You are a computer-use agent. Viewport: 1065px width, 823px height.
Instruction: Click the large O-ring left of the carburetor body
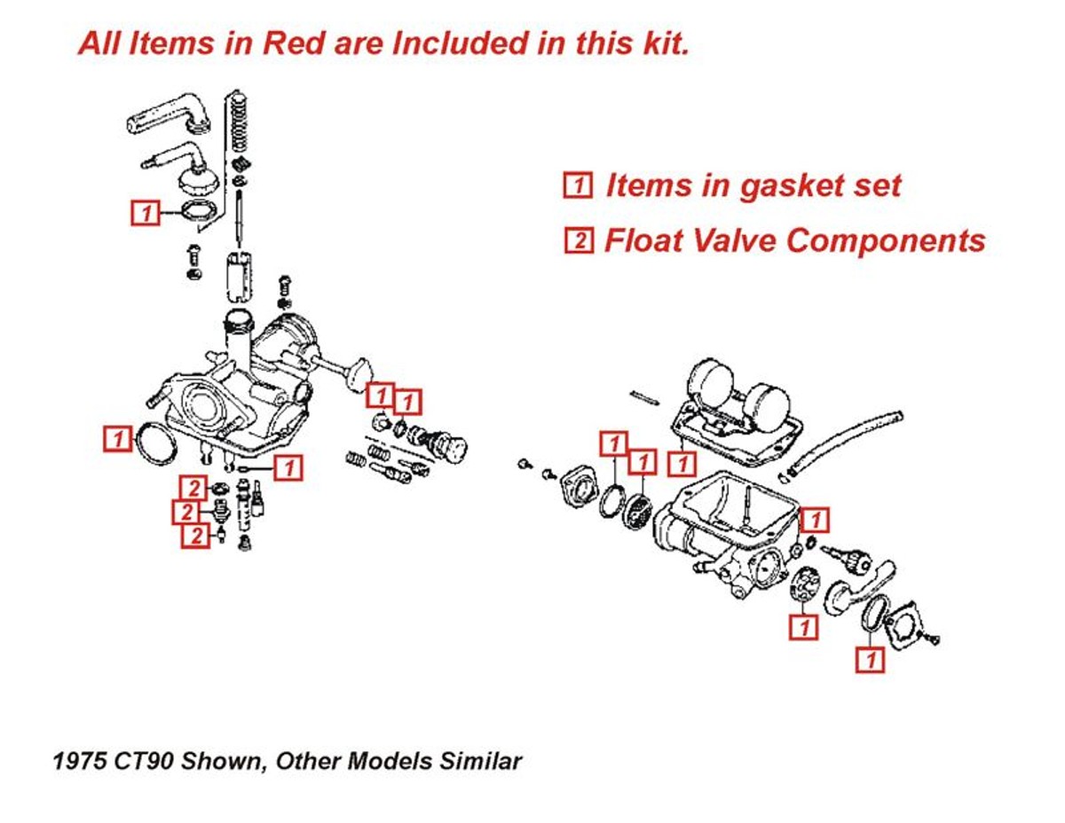pyautogui.click(x=156, y=443)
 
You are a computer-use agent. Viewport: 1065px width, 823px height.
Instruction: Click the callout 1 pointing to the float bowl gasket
pyautogui.click(x=682, y=462)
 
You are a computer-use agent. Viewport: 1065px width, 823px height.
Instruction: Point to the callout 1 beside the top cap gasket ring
pyautogui.click(x=146, y=213)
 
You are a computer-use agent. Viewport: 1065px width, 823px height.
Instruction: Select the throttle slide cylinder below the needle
pyautogui.click(x=238, y=276)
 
